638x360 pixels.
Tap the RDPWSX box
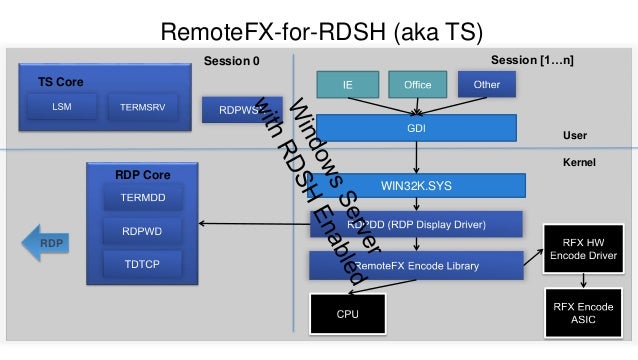pyautogui.click(x=230, y=109)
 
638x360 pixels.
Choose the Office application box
pyautogui.click(x=417, y=85)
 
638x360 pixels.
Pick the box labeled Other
pyautogui.click(x=487, y=85)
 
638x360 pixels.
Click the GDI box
pyautogui.click(x=416, y=128)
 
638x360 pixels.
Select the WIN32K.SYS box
pyautogui.click(x=416, y=186)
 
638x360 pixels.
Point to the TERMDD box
pyautogui.click(x=136, y=199)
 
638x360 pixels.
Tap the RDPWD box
pyautogui.click(x=136, y=232)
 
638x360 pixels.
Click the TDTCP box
pyautogui.click(x=136, y=265)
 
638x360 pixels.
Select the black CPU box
pyautogui.click(x=347, y=313)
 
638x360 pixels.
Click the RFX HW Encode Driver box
pyautogui.click(x=582, y=248)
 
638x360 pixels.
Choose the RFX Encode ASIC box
pyautogui.click(x=582, y=311)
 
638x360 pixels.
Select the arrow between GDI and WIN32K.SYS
pyautogui.click(x=416, y=158)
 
